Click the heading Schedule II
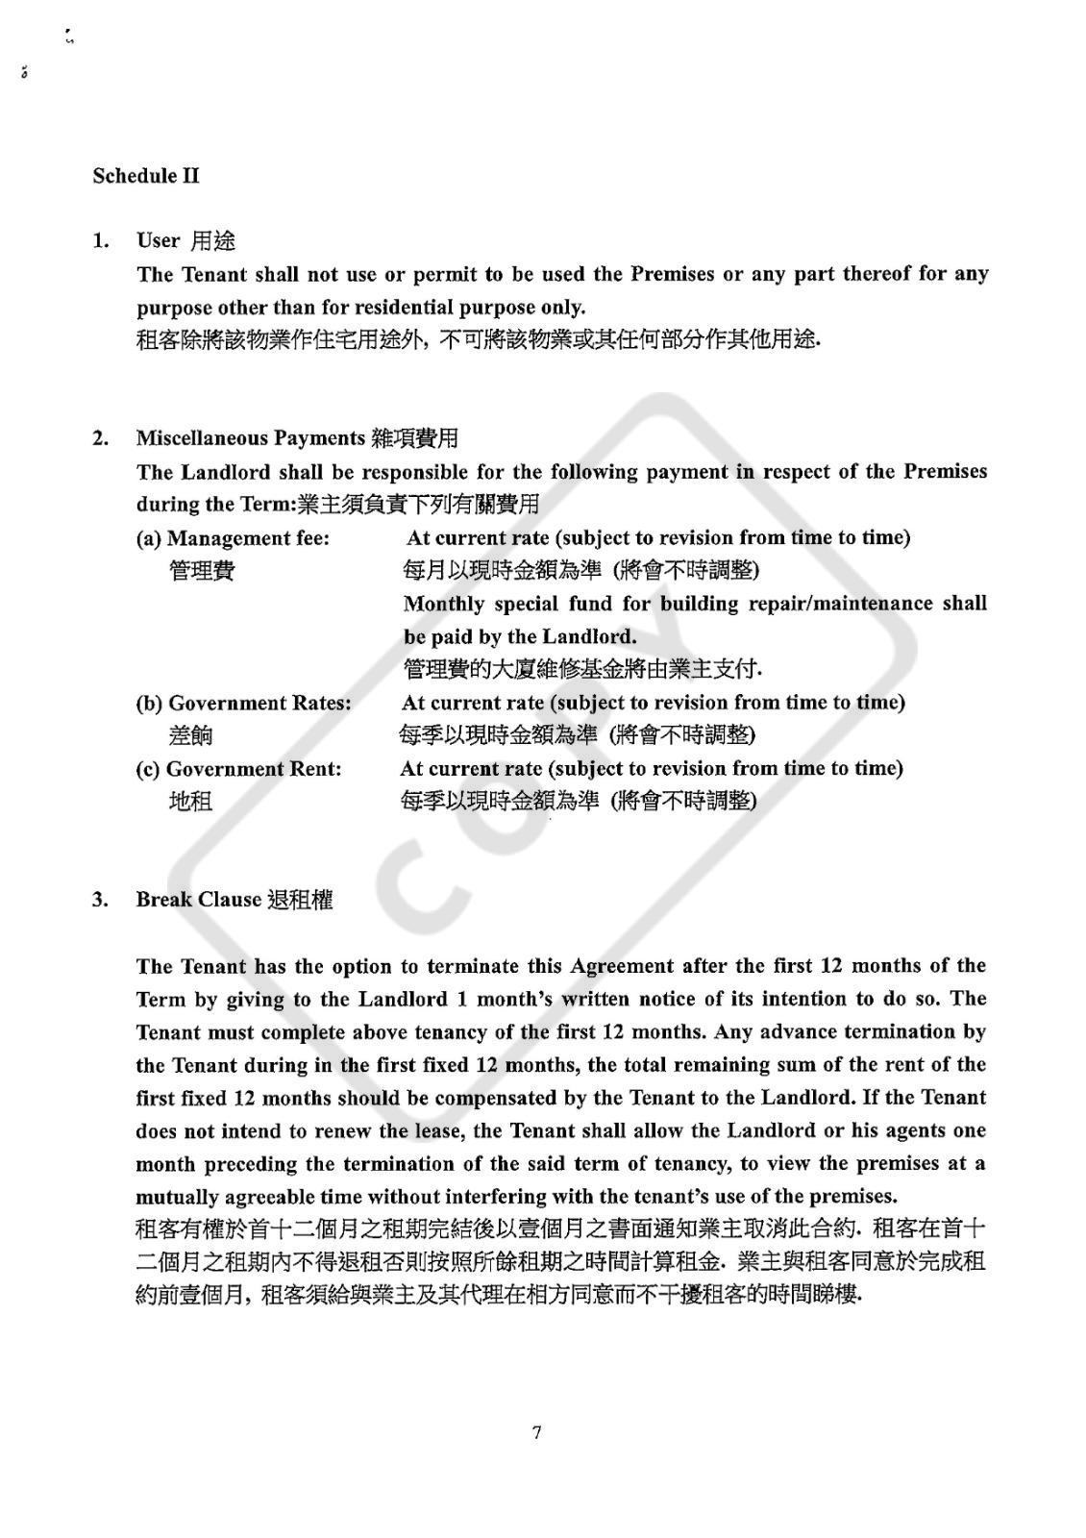pyautogui.click(x=146, y=176)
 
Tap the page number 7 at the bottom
pyautogui.click(x=536, y=1432)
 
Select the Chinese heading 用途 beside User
pyautogui.click(x=212, y=240)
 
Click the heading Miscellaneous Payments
pyautogui.click(x=250, y=438)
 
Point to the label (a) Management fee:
pyautogui.click(x=233, y=538)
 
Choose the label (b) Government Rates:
pyautogui.click(x=243, y=703)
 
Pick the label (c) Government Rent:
pyautogui.click(x=238, y=769)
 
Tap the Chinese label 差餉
pyautogui.click(x=190, y=736)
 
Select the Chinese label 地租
pyautogui.click(x=190, y=802)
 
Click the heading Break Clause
pyautogui.click(x=198, y=900)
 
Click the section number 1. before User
pyautogui.click(x=100, y=240)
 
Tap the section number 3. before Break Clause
pyautogui.click(x=100, y=900)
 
